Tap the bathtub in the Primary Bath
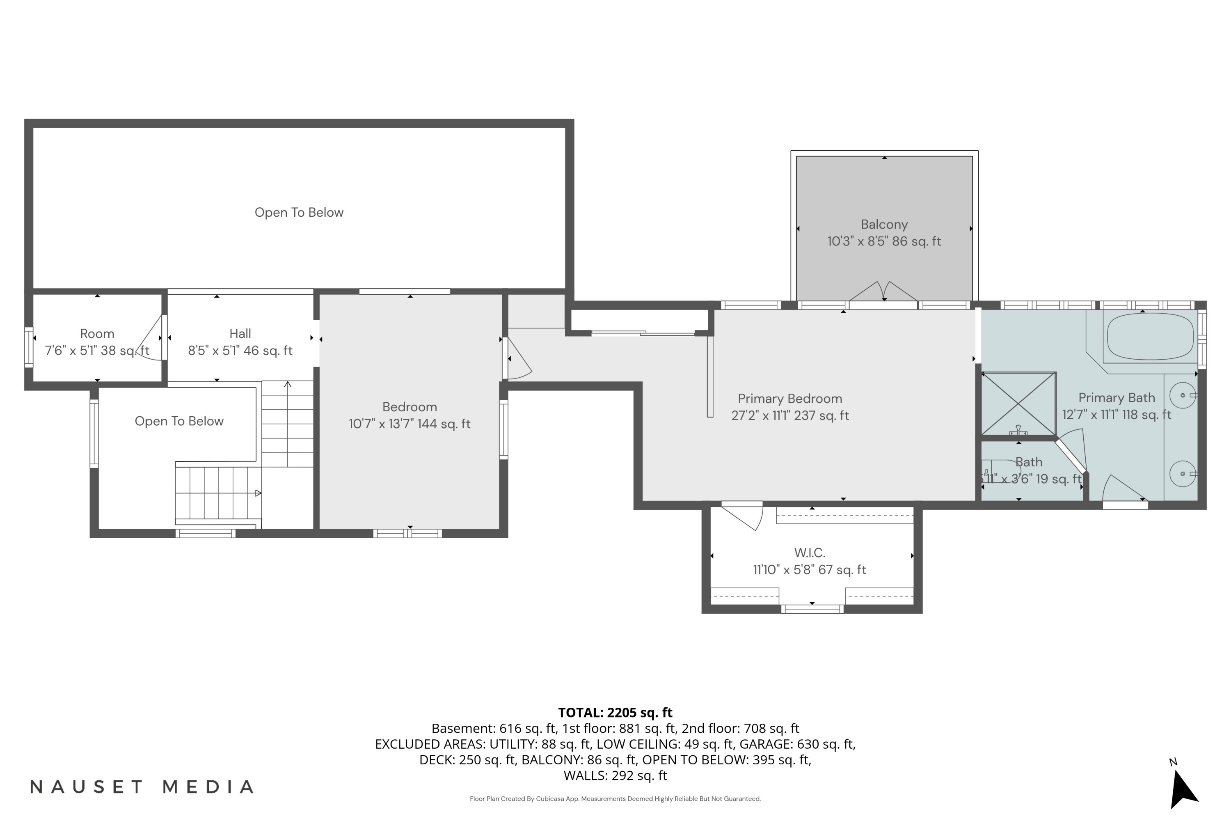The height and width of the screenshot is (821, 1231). coord(1151,337)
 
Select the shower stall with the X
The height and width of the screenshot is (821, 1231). coord(1018,403)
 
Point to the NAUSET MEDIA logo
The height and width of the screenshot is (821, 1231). coord(142,787)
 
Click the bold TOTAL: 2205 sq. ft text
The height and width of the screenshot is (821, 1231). coord(615,713)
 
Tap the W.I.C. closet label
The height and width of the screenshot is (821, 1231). coord(810,553)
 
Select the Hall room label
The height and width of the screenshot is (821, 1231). coord(240,333)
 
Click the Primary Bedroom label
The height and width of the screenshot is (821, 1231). coord(790,399)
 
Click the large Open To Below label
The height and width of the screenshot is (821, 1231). coord(299,213)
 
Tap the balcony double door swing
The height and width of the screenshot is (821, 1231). coord(883,291)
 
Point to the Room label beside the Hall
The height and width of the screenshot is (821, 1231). coord(97,333)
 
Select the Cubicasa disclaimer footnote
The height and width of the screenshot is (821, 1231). coord(615,799)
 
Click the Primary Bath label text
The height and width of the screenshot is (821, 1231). coord(1117,398)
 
